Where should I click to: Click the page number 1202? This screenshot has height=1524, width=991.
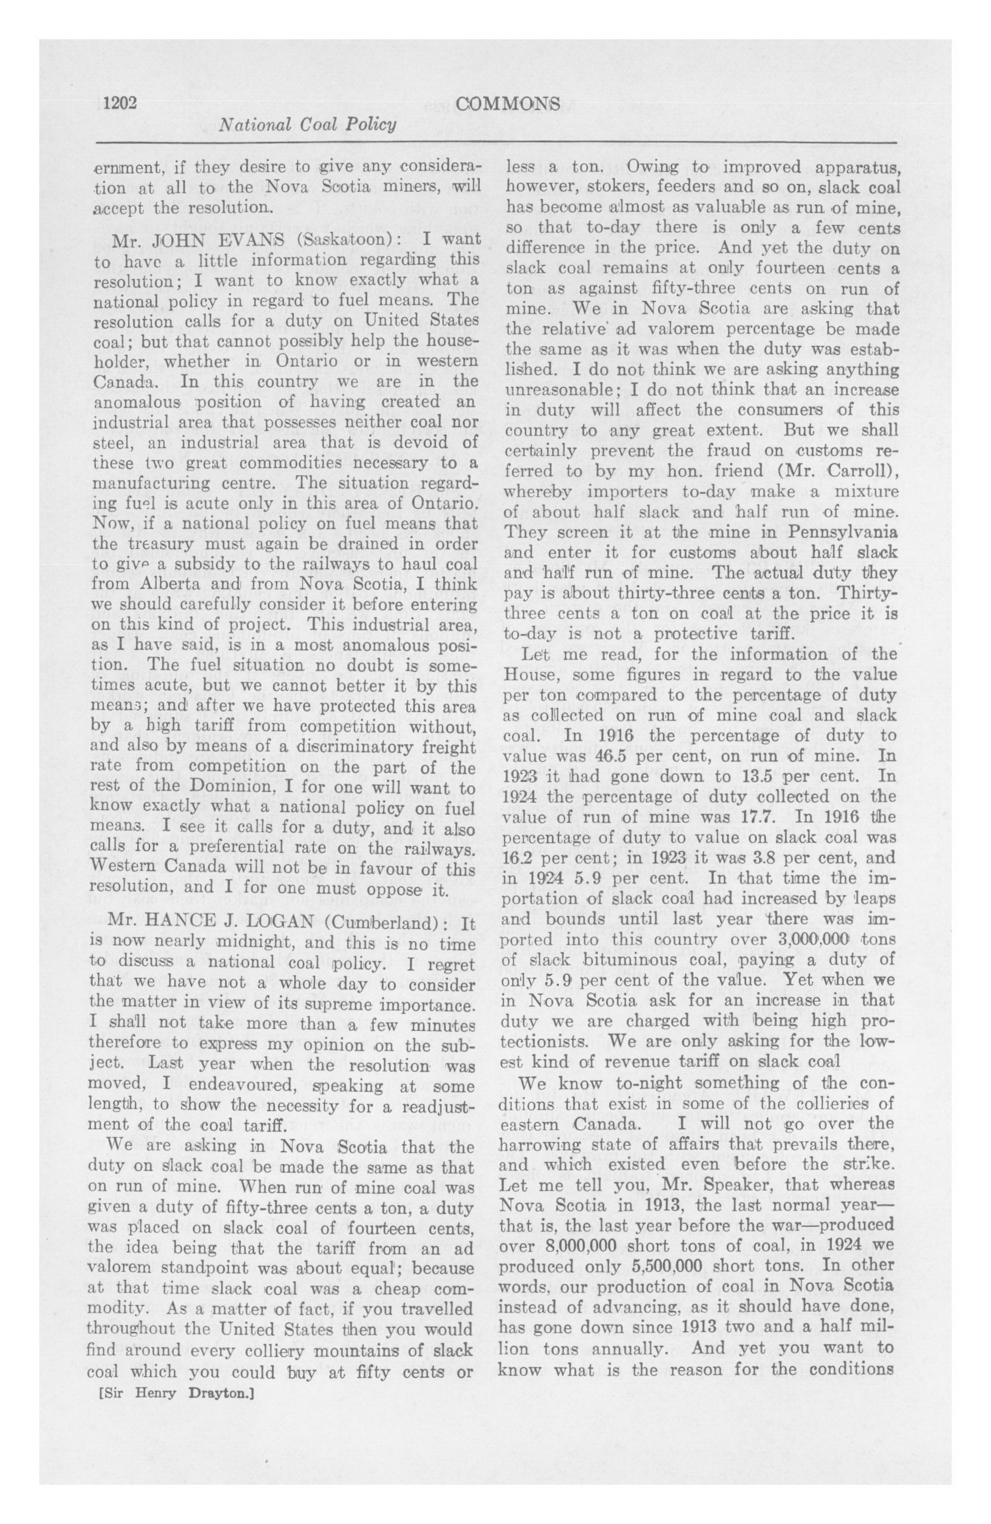click(120, 102)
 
